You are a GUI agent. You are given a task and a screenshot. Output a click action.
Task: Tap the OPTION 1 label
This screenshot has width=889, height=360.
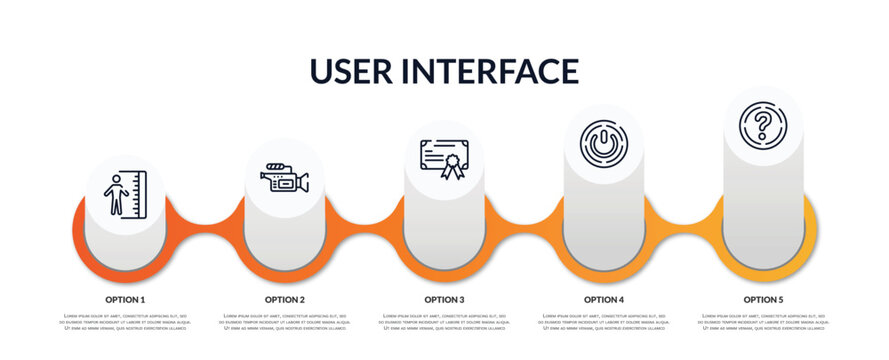point(125,299)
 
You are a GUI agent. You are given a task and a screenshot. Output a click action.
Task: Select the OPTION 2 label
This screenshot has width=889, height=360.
point(285,299)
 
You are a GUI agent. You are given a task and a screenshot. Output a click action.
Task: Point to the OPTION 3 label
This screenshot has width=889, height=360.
point(444,299)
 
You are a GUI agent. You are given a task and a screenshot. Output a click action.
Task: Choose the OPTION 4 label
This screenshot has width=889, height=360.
point(604,299)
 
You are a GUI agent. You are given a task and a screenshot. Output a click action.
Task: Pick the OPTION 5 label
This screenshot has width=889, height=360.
point(763,299)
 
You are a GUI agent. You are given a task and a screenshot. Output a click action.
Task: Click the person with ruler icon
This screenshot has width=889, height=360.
point(125,194)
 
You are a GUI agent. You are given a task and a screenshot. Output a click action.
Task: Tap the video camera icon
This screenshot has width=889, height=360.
point(284,177)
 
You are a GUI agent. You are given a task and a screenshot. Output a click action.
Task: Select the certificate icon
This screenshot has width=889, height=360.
point(444,159)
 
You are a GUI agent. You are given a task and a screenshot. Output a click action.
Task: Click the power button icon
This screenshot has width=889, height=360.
point(603,142)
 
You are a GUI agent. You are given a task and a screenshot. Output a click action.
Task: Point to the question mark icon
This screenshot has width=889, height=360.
point(763,125)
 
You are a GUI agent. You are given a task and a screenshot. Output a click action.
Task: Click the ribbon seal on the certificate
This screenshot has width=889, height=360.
point(453,165)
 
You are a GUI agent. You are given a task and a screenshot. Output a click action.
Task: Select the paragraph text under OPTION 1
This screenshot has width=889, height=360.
point(125,322)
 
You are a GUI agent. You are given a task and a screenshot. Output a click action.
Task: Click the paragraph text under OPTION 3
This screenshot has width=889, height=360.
point(444,322)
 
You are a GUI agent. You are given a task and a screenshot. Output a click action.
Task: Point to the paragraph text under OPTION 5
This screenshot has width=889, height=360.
point(763,322)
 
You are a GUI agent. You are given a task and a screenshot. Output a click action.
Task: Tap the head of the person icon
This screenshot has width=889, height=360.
point(117,178)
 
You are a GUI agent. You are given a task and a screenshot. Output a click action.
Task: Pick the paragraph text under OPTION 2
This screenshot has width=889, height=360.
point(285,322)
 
